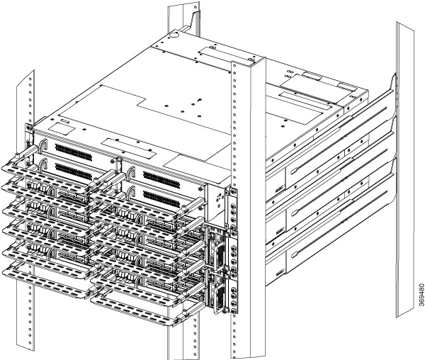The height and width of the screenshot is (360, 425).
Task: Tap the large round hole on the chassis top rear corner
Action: click(x=174, y=35)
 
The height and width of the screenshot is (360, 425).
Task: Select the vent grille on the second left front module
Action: click(x=74, y=171)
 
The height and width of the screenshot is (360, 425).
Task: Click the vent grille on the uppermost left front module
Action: click(x=74, y=152)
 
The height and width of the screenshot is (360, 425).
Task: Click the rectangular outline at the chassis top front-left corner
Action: click(x=62, y=129)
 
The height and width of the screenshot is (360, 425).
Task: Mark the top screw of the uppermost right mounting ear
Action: click(x=232, y=192)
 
